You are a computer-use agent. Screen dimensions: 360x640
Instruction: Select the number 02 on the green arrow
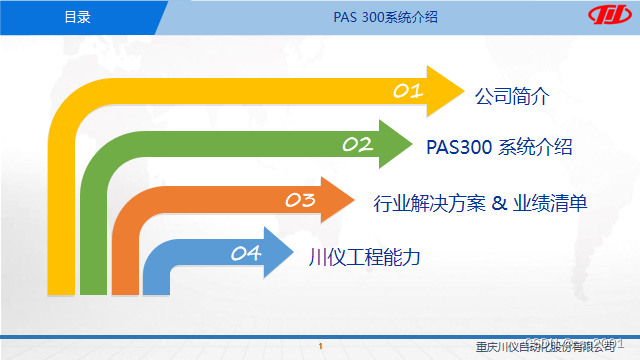click(357, 145)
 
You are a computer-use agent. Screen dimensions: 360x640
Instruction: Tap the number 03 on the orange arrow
click(301, 200)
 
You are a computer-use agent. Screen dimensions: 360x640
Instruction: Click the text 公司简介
click(514, 96)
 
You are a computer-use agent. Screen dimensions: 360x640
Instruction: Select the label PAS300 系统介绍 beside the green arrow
click(499, 148)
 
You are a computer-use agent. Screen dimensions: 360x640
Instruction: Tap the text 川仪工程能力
click(364, 256)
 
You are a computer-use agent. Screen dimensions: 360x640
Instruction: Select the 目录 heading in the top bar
click(77, 17)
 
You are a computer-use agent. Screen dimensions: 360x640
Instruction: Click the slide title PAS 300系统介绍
click(375, 17)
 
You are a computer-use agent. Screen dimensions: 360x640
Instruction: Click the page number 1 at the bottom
click(319, 346)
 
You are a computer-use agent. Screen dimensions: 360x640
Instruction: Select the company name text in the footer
click(545, 346)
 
